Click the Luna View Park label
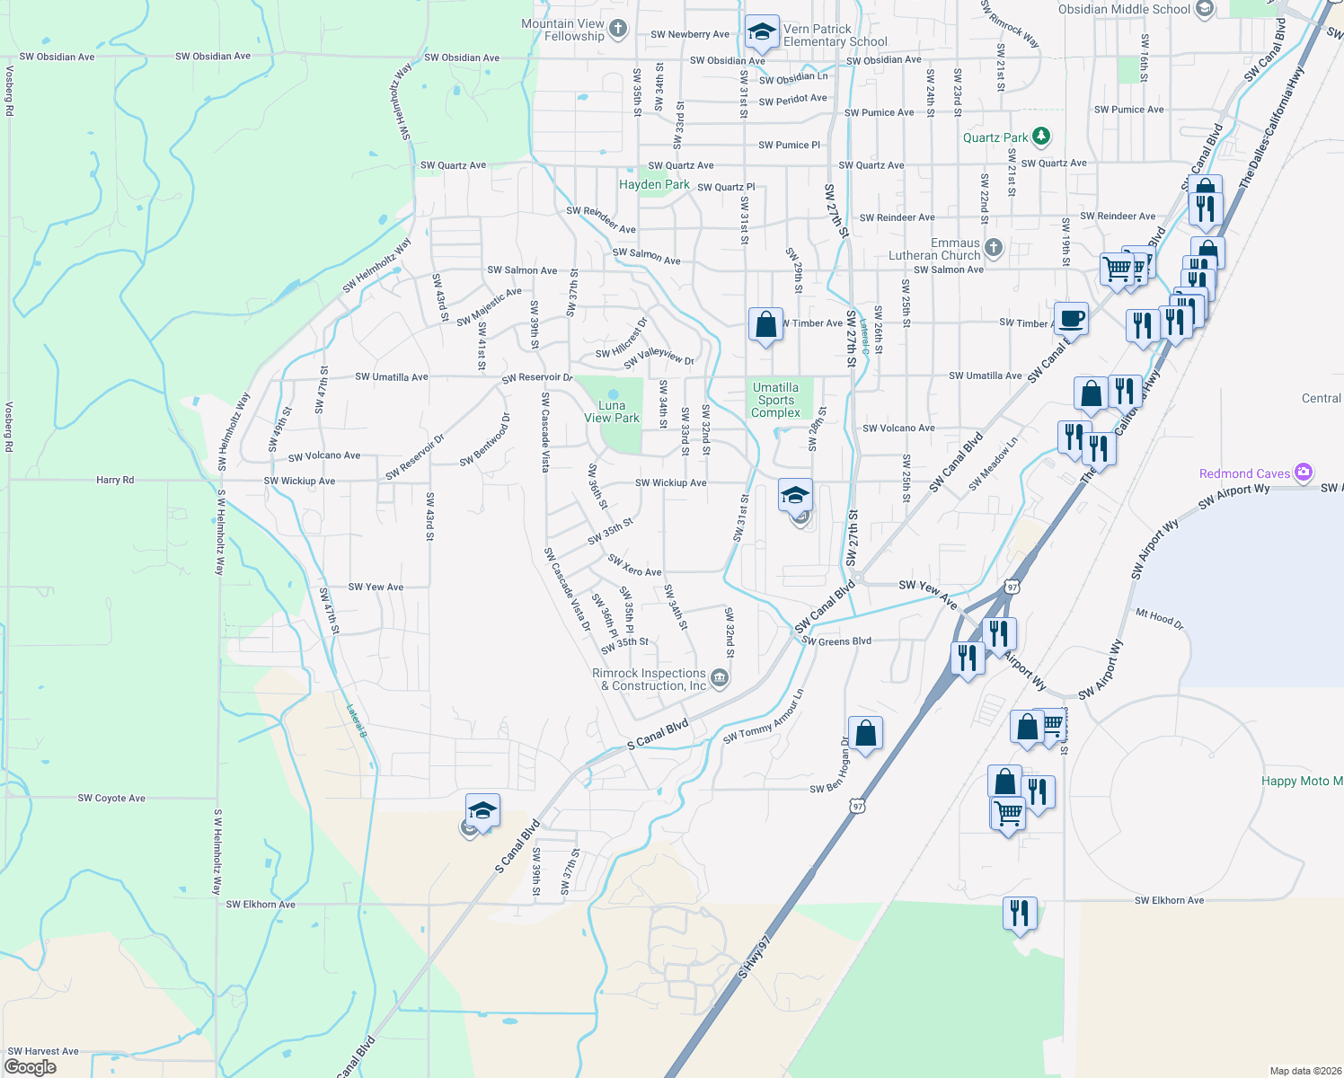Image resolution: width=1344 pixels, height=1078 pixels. pos(612,411)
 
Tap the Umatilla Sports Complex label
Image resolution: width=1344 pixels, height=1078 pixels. pos(775,400)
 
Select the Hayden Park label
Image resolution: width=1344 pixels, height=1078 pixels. pos(654,184)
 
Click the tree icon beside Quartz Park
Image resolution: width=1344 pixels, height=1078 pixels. pos(1041,137)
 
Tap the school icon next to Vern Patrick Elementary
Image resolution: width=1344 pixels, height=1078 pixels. pos(762,32)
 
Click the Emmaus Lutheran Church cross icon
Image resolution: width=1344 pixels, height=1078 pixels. pos(993,247)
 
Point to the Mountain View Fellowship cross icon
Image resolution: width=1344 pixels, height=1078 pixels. pos(617,29)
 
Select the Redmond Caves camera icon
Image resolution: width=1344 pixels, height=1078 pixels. pos(1304,473)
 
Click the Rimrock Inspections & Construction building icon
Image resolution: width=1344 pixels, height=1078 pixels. pos(719,678)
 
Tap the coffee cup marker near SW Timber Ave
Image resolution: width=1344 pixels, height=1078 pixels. pos(1071,318)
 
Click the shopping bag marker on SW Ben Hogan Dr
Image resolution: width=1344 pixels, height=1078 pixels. pos(865,733)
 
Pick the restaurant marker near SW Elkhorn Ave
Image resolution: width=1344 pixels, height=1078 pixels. pos(1020,914)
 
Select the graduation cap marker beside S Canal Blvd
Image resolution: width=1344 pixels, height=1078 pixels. pos(482,810)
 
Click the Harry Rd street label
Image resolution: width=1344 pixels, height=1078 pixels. pos(115,480)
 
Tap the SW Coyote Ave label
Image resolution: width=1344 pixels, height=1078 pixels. pos(111,798)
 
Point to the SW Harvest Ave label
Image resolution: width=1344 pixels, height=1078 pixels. pos(43,1051)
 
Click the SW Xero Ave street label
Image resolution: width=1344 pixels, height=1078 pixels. pos(634,566)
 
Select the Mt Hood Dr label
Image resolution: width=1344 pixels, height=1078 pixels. pos(1160,618)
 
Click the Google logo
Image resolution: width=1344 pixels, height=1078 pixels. pos(31,1067)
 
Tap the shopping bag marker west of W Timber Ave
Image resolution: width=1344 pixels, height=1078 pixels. pos(765,324)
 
